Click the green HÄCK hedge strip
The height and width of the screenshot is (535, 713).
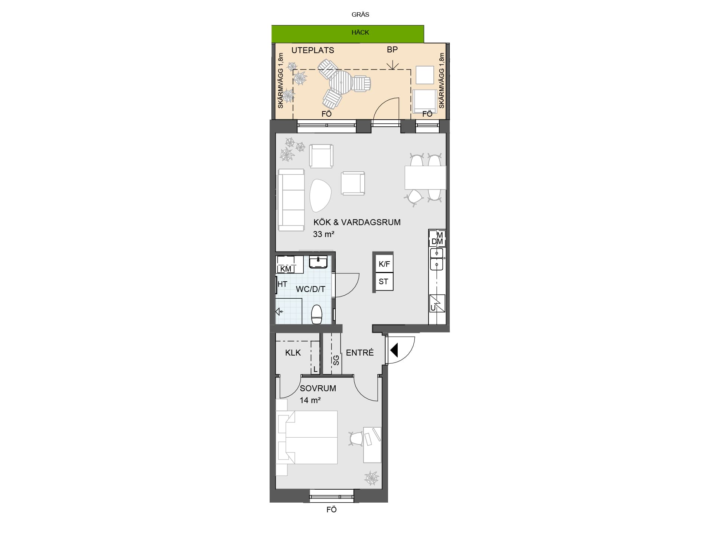[348, 34]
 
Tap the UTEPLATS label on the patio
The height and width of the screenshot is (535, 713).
[313, 50]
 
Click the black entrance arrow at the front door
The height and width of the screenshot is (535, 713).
[394, 350]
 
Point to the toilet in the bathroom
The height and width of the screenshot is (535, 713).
[316, 314]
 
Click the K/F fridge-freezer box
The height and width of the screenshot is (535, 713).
[384, 264]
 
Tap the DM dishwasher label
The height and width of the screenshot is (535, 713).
[437, 241]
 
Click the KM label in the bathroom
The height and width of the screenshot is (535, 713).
[286, 269]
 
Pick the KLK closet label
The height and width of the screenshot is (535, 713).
[293, 353]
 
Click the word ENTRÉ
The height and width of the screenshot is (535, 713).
[360, 353]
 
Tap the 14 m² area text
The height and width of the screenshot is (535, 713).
[310, 400]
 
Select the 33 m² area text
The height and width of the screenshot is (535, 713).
[323, 234]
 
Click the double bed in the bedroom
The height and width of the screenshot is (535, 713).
[307, 437]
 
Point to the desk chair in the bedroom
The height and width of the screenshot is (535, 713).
[356, 438]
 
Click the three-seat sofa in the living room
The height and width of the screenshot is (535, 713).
[291, 200]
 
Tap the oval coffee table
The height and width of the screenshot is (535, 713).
[320, 195]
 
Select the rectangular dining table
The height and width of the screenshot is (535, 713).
[425, 178]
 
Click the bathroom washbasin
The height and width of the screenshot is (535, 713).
[318, 262]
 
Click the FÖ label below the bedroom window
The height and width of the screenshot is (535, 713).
[332, 510]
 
